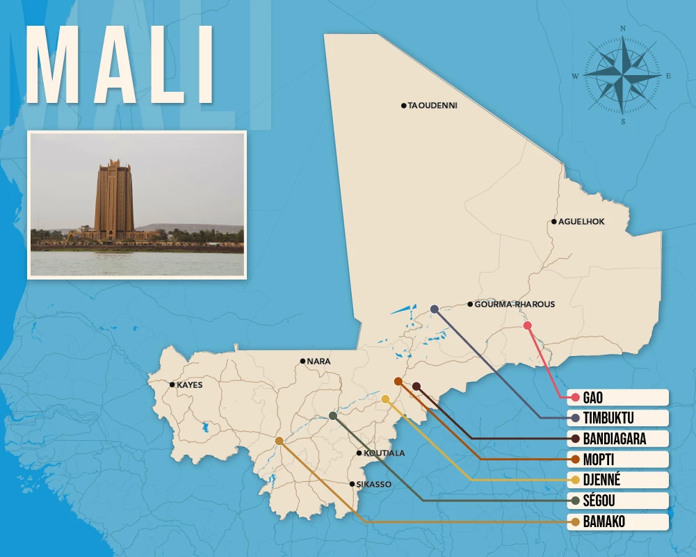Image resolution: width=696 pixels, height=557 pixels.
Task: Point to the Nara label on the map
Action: (x=318, y=362)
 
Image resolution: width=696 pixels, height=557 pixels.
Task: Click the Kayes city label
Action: (x=189, y=385)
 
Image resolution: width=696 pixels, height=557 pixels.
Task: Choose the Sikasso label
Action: (x=374, y=484)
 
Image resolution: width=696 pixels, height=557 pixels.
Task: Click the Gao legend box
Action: (x=617, y=398)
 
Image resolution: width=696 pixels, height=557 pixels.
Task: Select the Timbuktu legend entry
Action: (x=617, y=418)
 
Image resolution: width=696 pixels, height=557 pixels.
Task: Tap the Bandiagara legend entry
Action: (x=617, y=439)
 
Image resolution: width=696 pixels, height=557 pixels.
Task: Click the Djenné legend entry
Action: (x=617, y=480)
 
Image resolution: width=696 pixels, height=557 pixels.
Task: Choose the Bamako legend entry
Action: (x=617, y=522)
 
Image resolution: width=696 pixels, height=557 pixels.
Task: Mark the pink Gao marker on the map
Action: (x=527, y=325)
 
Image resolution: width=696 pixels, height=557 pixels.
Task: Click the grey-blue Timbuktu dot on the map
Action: (x=435, y=309)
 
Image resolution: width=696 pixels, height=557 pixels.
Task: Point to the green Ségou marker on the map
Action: (x=333, y=416)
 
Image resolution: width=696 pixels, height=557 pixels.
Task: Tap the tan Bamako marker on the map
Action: (x=279, y=441)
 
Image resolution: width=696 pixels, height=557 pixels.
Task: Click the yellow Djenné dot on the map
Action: (x=385, y=399)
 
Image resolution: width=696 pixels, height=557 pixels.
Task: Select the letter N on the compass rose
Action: (x=623, y=29)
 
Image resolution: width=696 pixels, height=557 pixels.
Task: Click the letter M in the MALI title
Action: (x=55, y=67)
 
